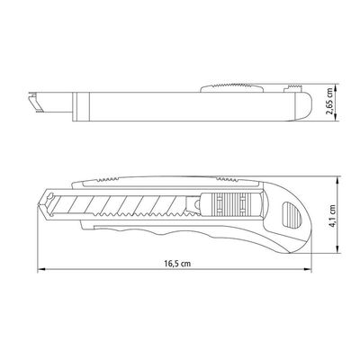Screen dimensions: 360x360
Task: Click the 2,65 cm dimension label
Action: click(329, 101)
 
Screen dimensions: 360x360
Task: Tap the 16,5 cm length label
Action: click(177, 264)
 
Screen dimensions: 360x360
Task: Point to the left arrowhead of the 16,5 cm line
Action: click(41, 269)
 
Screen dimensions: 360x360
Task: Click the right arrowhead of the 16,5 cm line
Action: click(308, 269)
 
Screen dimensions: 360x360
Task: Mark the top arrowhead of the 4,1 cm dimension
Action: click(337, 180)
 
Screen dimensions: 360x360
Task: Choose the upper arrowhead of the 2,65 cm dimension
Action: click(336, 88)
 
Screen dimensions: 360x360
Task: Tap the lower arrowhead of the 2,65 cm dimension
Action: click(336, 117)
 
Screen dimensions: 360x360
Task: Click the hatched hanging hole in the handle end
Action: click(290, 215)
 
